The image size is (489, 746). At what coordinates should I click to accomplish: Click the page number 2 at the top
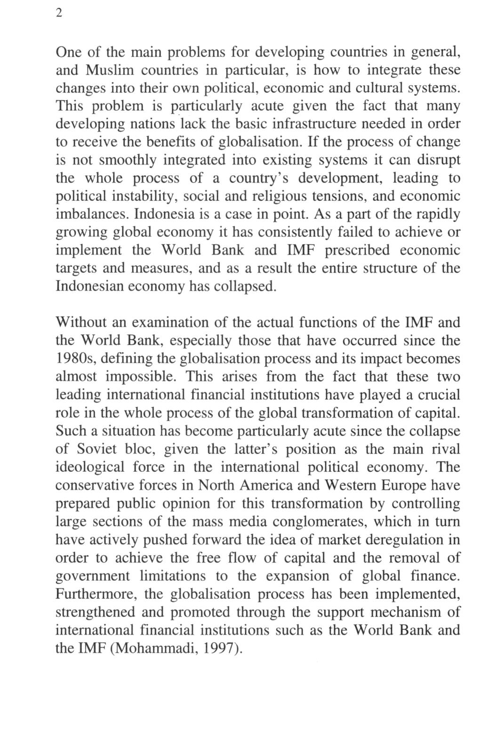pyautogui.click(x=58, y=13)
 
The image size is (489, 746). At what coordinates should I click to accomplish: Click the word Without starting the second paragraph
pyautogui.click(x=81, y=323)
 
